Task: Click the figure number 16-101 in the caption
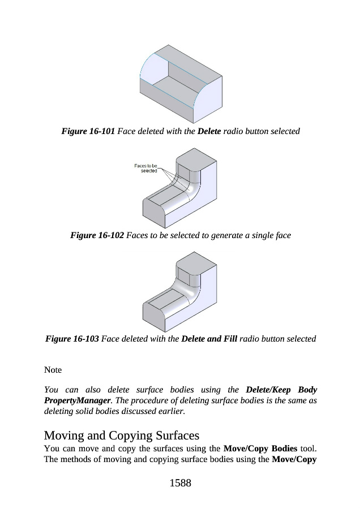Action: [100, 131]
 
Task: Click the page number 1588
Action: [179, 482]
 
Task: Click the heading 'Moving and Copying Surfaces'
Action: [122, 436]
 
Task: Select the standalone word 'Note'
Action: [53, 370]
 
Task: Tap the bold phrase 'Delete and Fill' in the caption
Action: [208, 339]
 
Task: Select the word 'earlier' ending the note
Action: [170, 411]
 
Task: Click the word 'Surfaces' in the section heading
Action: [175, 436]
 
